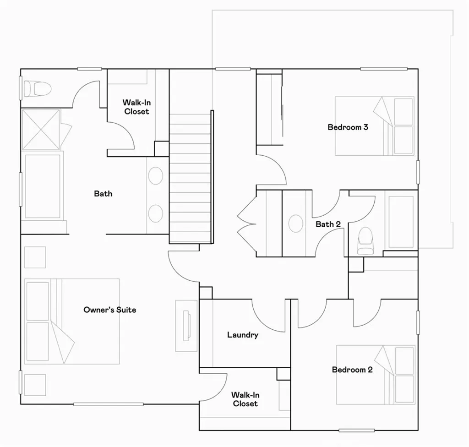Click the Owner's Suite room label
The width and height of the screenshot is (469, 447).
coord(109,310)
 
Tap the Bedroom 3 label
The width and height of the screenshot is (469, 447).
coord(348,127)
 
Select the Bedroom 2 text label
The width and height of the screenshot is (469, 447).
coord(352,370)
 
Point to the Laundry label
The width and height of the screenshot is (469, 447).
coord(243,335)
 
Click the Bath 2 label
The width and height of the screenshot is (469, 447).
coord(328,224)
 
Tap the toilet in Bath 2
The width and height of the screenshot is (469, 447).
coord(365,240)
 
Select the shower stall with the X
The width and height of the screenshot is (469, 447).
coord(41,129)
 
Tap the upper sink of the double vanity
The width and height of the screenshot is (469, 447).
coord(156,176)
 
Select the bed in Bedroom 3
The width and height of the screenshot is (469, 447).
coord(375,126)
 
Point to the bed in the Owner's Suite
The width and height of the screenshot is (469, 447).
coord(72,321)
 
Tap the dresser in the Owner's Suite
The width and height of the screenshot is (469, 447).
coord(186,326)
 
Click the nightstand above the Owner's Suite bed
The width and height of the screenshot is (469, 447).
coord(35,257)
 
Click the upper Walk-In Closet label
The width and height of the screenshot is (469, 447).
coord(136,107)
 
